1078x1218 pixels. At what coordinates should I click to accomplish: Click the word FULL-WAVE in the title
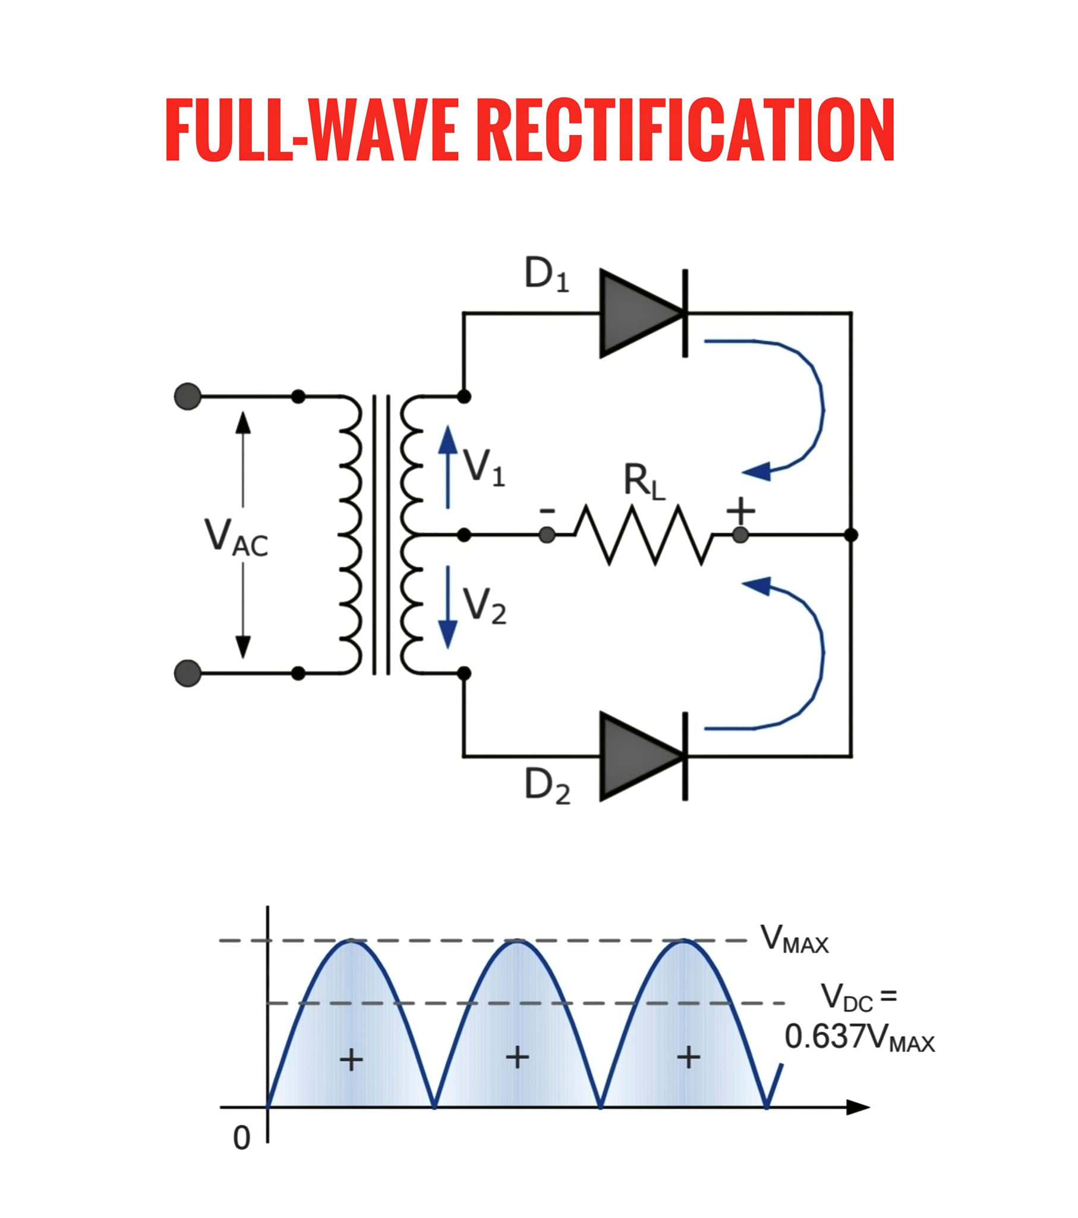click(x=311, y=129)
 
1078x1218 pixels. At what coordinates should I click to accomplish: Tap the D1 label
click(x=546, y=275)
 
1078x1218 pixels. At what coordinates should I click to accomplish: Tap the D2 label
click(x=547, y=786)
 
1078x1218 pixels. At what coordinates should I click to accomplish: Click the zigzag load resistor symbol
click(x=643, y=535)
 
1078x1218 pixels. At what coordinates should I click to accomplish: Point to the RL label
click(x=644, y=482)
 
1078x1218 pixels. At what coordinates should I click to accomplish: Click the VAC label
click(x=236, y=537)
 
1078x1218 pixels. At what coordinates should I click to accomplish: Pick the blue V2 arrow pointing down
click(x=448, y=607)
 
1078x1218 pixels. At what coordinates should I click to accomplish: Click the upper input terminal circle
click(x=188, y=396)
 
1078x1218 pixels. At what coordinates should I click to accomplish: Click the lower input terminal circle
click(x=188, y=673)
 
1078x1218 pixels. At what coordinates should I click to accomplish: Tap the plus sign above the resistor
click(x=741, y=510)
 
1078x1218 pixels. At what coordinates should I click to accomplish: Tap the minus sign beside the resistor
click(x=547, y=511)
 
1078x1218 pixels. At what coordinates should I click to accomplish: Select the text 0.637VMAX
click(x=860, y=1037)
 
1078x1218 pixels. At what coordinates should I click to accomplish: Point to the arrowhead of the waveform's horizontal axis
click(x=858, y=1108)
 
